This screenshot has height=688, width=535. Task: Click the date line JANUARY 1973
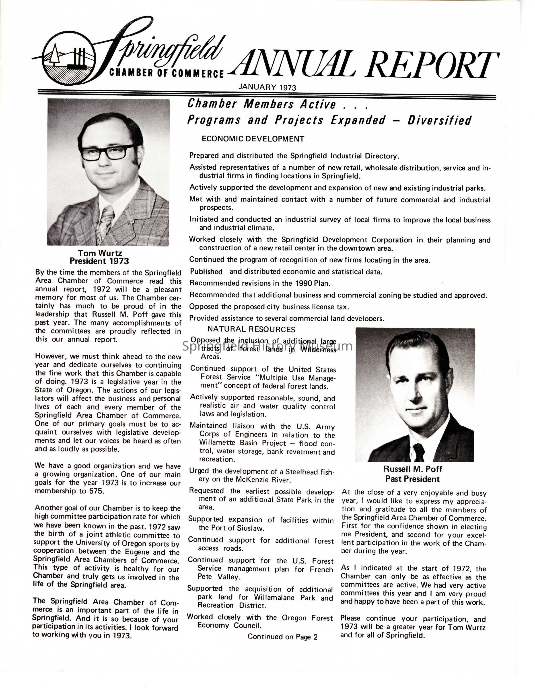pos(267,87)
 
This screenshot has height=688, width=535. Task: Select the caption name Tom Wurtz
pos(100,253)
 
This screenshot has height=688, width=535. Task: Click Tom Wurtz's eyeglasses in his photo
pos(108,152)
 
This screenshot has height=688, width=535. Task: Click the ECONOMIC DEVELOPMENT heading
pos(253,139)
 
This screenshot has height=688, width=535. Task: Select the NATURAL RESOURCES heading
pos(251,329)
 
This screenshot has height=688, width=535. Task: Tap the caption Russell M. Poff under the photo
pos(413,469)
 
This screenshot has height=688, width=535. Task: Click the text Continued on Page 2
pos(282,637)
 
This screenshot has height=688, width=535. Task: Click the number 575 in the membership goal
pos(96,491)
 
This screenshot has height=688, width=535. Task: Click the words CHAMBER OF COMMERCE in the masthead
pos(166,73)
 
